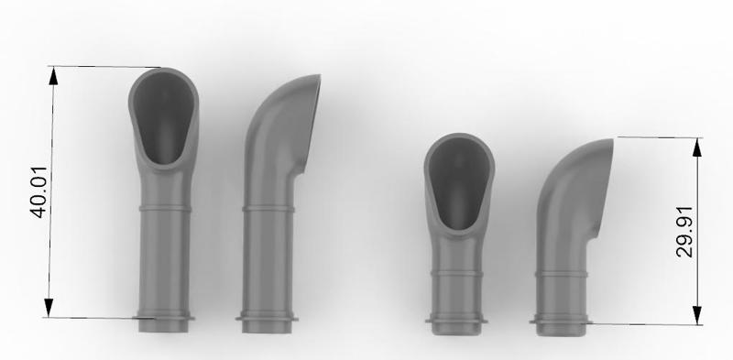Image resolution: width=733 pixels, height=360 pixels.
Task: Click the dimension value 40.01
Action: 38,191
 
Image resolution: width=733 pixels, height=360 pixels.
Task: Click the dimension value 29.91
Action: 684,232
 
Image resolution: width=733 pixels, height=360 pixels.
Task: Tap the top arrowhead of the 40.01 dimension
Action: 53,76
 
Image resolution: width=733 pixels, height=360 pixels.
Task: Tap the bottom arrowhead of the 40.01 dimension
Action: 49,308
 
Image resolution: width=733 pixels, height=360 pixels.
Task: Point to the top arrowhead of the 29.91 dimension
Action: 697,147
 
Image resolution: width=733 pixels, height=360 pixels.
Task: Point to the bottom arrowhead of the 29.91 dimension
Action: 697,315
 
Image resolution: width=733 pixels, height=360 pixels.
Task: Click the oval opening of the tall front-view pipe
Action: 164,117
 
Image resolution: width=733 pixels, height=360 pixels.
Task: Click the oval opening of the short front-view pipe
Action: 460,183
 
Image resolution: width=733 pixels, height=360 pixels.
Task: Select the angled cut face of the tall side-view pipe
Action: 312,123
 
